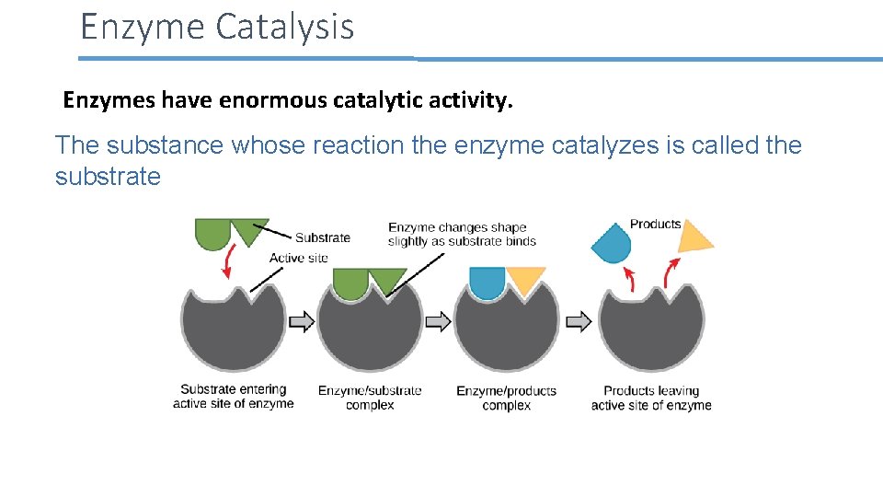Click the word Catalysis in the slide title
tap(284, 27)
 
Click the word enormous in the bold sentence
tap(272, 99)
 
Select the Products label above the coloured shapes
tap(655, 224)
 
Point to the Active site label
tap(298, 258)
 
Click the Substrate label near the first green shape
tap(322, 237)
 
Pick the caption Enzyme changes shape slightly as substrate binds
tap(461, 234)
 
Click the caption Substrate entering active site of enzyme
tap(234, 397)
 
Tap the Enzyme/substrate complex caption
tap(370, 398)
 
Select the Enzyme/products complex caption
tap(506, 398)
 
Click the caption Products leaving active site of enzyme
tap(651, 398)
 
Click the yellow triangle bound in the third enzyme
tap(525, 280)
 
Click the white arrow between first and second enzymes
tap(302, 321)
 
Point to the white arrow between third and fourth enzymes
tap(578, 321)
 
